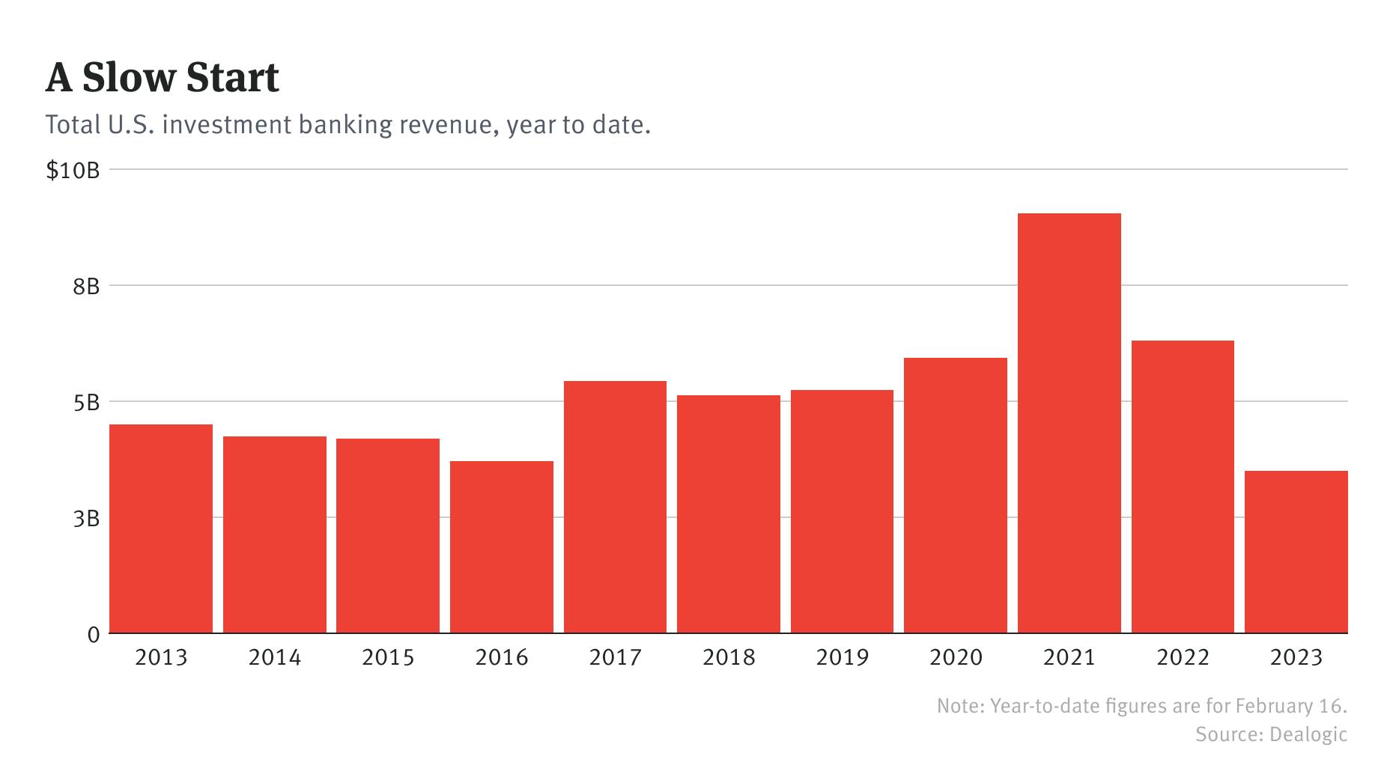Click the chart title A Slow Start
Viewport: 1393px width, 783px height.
tap(162, 78)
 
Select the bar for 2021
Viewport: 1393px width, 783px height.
tap(1069, 423)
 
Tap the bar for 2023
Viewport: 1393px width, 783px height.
tap(1296, 552)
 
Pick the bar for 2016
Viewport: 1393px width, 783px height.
tap(501, 546)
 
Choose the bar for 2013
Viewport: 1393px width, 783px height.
tap(161, 528)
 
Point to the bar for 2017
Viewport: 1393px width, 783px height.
tap(615, 507)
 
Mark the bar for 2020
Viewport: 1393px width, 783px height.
tap(955, 496)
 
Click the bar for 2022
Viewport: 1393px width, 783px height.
tap(1183, 487)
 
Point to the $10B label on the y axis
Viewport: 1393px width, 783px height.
tap(73, 171)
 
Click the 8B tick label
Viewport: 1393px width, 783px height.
tap(86, 287)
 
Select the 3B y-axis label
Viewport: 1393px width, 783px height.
tap(86, 519)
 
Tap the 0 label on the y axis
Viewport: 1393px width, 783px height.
tap(93, 635)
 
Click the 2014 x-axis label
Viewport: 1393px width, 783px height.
tap(274, 658)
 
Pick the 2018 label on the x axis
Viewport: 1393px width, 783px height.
tap(729, 658)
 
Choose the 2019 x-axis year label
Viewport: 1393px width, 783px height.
tap(842, 658)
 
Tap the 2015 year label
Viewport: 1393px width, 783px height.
tap(388, 658)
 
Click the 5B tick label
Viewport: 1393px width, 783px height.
tap(86, 403)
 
